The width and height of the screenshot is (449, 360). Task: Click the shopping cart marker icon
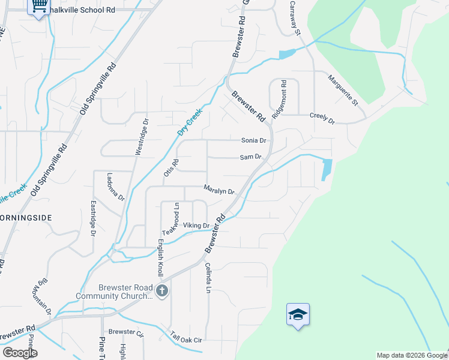pyautogui.click(x=40, y=7)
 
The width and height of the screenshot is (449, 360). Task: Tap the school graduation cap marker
pyautogui.click(x=298, y=314)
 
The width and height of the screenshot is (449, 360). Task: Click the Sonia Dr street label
pyautogui.click(x=253, y=140)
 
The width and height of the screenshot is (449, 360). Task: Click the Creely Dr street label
pyautogui.click(x=322, y=118)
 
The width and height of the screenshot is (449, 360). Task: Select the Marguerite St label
pyautogui.click(x=343, y=90)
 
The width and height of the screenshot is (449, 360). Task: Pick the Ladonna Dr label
pyautogui.click(x=115, y=187)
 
